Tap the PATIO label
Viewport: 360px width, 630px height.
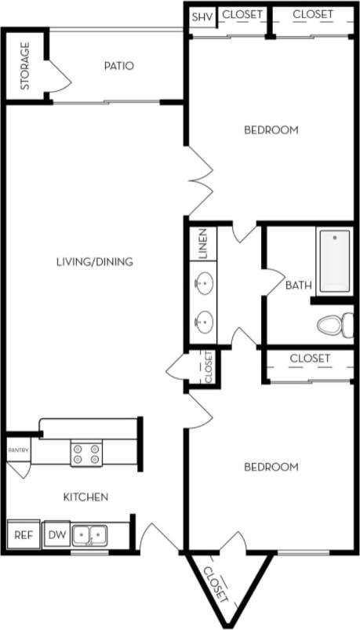(118, 66)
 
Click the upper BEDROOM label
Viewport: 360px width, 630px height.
(271, 130)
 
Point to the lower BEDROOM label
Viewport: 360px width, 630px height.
(271, 467)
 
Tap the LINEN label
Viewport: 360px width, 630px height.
(202, 244)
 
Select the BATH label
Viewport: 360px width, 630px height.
(298, 286)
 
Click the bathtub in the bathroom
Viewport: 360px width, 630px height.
(334, 260)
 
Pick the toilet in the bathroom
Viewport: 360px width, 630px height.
(335, 323)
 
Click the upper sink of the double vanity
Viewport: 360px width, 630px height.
(205, 281)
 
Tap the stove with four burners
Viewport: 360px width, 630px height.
(86, 453)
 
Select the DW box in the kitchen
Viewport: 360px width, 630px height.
(57, 536)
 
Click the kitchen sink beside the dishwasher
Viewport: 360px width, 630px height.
(89, 536)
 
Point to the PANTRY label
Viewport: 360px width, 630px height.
(18, 450)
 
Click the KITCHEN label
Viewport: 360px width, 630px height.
(85, 497)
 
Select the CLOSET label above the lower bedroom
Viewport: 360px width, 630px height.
(310, 359)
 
